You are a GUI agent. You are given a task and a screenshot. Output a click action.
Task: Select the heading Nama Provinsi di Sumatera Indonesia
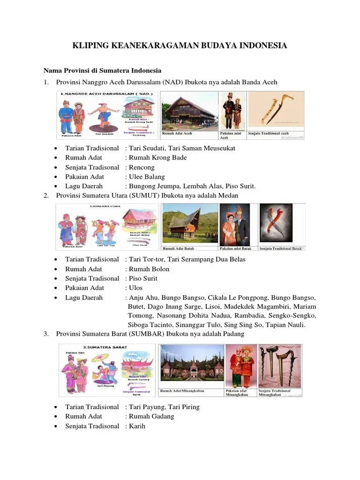click(x=102, y=70)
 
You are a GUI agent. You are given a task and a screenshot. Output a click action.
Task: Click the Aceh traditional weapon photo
click(x=276, y=111)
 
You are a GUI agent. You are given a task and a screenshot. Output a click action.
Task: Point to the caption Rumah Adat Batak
click(x=179, y=248)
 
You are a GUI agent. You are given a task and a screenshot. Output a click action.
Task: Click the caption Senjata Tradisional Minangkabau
click(x=274, y=393)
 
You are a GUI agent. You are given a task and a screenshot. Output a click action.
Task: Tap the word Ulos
click(x=135, y=288)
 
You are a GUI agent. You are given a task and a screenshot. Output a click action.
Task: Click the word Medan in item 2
click(x=229, y=195)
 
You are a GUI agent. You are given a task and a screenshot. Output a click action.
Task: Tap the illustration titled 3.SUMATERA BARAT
click(x=107, y=370)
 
